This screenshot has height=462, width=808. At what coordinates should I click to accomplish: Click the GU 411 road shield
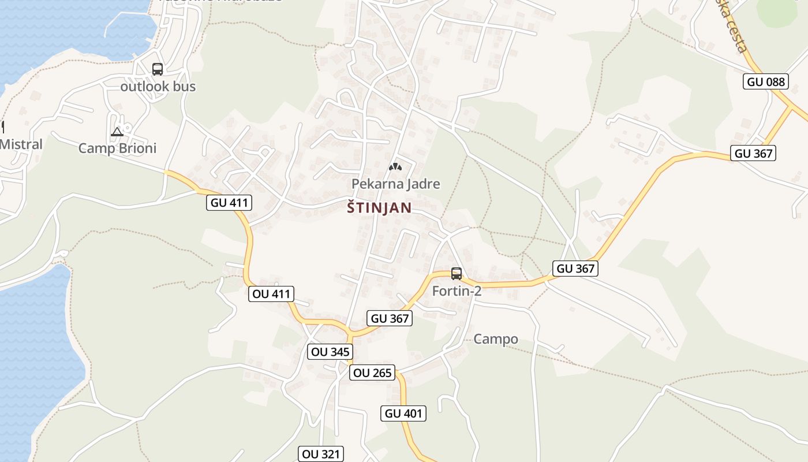coord(229,203)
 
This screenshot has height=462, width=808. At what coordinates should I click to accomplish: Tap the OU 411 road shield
coord(271,294)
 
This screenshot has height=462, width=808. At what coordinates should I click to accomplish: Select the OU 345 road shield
coord(330,352)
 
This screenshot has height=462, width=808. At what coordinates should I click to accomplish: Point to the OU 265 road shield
coord(372,373)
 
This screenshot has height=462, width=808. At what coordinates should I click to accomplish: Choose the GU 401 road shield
coord(403,413)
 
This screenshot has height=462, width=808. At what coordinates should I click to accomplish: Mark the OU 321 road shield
coord(321,454)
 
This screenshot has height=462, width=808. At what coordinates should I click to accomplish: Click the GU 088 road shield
coord(766,81)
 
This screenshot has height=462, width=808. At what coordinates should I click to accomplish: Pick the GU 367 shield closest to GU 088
coord(753,153)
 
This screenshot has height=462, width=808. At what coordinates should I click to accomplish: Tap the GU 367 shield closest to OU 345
coord(390,318)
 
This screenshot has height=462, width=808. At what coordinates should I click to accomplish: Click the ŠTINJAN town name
coord(379,208)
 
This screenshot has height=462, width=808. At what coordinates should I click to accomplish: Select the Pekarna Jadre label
coord(396,184)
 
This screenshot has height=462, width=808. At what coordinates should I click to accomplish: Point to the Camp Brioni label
coord(117,148)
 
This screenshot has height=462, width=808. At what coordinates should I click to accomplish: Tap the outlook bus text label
coord(158,87)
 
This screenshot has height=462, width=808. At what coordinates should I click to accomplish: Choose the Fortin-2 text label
coord(457,291)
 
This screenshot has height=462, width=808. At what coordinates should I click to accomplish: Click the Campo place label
coord(496,339)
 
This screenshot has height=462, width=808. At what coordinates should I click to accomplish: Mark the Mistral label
coord(21,144)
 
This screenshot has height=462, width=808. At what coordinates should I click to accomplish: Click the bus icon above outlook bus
coord(158,69)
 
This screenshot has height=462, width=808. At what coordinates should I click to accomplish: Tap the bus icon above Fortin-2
coord(457,273)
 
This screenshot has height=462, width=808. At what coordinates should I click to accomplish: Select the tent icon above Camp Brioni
coord(117,132)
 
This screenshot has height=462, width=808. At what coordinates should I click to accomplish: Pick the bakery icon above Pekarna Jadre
coord(395,167)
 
